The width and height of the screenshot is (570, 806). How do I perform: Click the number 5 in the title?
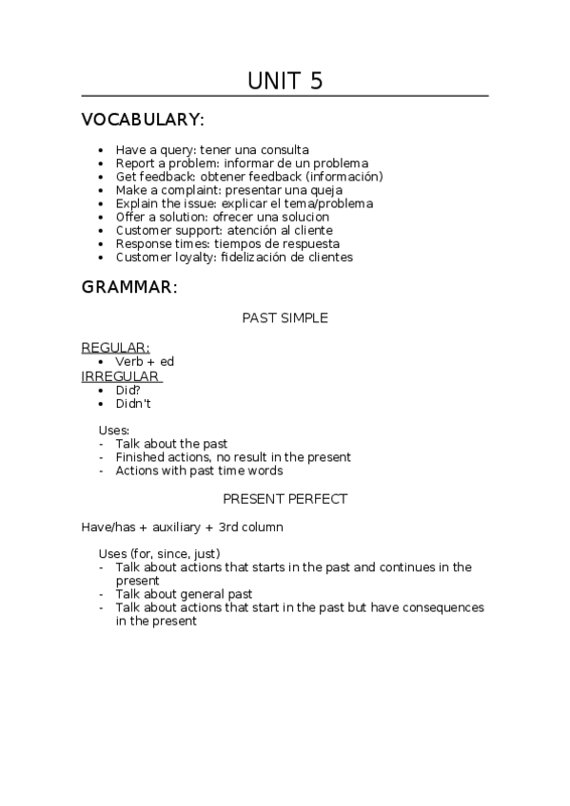tap(315, 81)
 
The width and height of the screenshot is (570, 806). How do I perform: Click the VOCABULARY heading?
tap(143, 120)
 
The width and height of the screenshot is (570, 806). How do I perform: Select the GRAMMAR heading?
tap(129, 286)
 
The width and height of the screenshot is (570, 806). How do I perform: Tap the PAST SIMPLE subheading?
tap(285, 318)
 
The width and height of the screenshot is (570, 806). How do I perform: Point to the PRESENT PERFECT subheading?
tap(285, 498)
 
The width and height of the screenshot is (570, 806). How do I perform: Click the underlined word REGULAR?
tap(115, 348)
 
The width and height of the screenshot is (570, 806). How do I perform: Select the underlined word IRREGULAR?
tap(121, 376)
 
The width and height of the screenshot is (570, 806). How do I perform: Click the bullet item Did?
tap(128, 390)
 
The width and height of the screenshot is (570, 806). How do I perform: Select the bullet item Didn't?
tap(133, 404)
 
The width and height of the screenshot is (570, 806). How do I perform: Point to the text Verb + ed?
tap(145, 362)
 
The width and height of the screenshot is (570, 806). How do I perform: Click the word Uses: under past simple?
tap(114, 431)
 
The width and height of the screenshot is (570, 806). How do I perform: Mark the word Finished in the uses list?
tap(140, 457)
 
